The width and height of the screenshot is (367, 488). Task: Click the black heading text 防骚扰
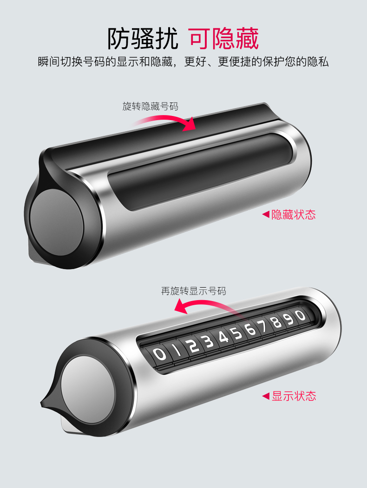(143, 39)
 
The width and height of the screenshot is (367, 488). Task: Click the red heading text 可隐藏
(224, 39)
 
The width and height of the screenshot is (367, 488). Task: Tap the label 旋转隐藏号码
(151, 106)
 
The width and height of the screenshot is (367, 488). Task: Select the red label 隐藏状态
(294, 215)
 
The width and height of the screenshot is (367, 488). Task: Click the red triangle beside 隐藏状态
(266, 214)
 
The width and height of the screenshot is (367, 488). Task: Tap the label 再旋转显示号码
(193, 291)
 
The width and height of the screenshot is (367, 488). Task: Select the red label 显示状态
(294, 396)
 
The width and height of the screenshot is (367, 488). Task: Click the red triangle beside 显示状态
(266, 396)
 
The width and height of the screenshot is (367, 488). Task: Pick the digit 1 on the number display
(177, 351)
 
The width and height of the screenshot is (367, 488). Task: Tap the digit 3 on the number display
(208, 341)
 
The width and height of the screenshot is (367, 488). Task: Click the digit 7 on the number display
(263, 326)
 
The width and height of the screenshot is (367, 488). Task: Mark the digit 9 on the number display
(289, 319)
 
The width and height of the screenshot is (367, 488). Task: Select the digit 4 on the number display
(223, 337)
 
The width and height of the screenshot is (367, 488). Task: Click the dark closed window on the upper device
(200, 171)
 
